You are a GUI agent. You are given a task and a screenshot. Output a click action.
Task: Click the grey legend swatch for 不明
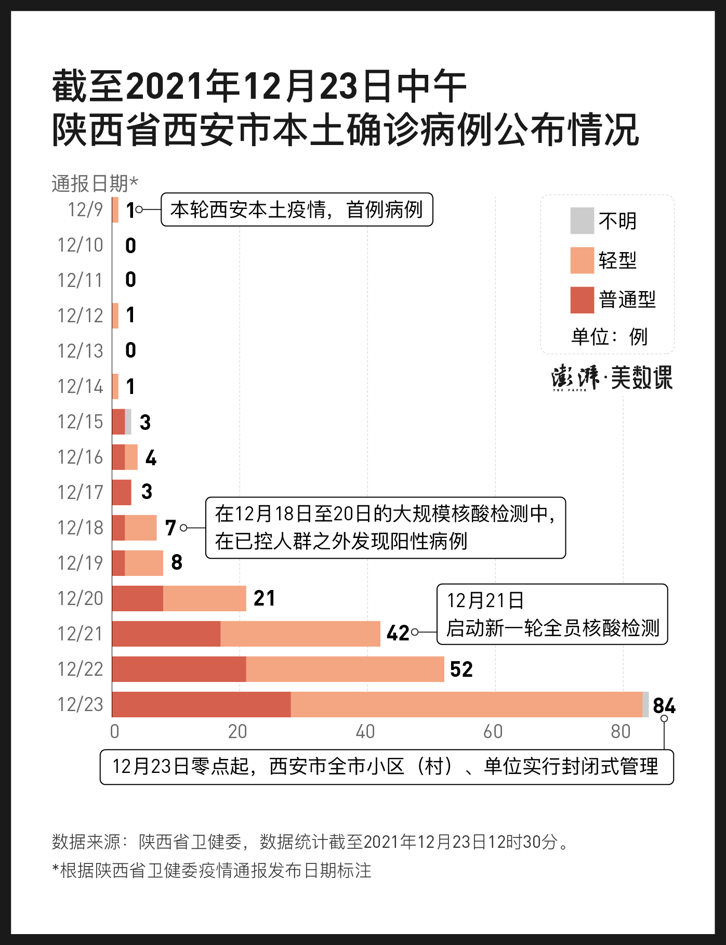tap(582, 221)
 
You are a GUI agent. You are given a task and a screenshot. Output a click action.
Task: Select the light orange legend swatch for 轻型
tap(582, 260)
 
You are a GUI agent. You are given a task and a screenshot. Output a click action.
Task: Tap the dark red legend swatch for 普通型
tap(582, 300)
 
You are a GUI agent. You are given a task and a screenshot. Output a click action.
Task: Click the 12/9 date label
tap(85, 210)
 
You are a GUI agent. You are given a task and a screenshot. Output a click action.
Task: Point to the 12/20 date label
tap(80, 599)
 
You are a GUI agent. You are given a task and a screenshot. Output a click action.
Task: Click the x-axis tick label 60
tap(493, 732)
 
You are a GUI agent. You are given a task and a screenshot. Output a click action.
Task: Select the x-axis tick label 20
tap(237, 732)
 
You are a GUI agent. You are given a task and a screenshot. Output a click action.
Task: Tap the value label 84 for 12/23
tap(664, 705)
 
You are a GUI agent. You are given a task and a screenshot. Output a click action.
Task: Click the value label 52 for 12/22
tap(461, 670)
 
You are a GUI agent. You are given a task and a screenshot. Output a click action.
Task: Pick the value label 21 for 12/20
tap(264, 598)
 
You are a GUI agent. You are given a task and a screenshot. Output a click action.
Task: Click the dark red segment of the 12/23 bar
tap(201, 704)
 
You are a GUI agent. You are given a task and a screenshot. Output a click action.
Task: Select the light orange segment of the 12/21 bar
tap(300, 634)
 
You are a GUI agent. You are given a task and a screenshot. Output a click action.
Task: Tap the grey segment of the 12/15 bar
tap(128, 422)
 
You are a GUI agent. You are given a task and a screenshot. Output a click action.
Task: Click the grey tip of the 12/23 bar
tap(645, 704)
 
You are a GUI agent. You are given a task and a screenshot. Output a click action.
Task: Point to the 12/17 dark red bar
tap(122, 492)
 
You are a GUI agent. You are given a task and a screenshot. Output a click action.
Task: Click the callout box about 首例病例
tap(297, 209)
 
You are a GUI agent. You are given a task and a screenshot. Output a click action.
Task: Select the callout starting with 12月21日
tap(552, 614)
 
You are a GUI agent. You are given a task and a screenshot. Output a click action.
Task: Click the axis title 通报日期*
tap(95, 183)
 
